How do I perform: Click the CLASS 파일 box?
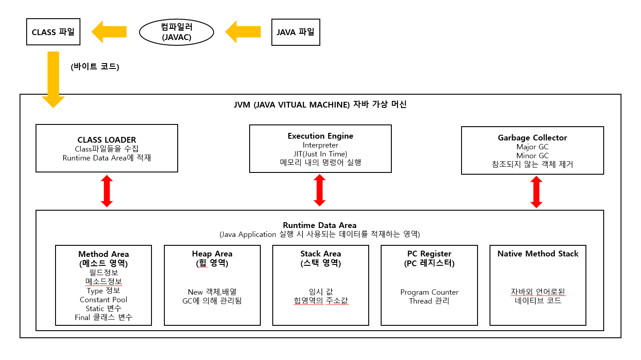tap(53, 32)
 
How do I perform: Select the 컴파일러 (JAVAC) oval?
tap(176, 32)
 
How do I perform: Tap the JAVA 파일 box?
tap(295, 32)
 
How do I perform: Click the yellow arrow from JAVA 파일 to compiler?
tap(244, 32)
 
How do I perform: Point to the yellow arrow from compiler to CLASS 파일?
tap(109, 32)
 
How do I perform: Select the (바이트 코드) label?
tap(95, 67)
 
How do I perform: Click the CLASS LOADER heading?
tap(107, 140)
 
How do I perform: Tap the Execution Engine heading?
tap(320, 136)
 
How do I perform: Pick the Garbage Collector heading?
tap(532, 138)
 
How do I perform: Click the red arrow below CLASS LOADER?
tap(107, 191)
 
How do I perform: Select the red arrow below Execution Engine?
tap(320, 190)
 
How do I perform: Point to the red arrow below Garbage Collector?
tap(537, 192)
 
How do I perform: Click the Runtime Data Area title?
tap(319, 225)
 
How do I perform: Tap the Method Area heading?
tap(104, 254)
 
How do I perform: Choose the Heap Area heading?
tap(212, 254)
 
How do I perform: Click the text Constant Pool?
tap(104, 300)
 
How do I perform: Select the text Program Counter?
tap(429, 292)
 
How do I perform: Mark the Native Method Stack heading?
tap(537, 254)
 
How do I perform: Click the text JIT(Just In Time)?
tap(320, 154)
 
